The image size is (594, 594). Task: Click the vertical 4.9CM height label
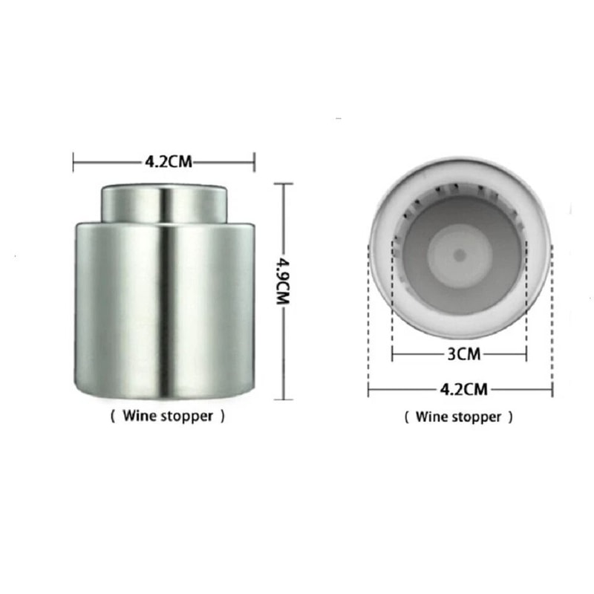coord(283,291)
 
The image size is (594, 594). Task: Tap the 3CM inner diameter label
coord(460,354)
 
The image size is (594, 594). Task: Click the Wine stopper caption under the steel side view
coord(167,417)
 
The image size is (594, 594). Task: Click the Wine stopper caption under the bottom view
coord(458,417)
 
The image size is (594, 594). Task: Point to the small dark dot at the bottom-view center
coord(460,255)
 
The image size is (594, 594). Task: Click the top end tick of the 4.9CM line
coord(284,184)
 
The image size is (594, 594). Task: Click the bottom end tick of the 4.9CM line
coord(284,399)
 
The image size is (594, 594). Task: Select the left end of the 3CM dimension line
coord(393,354)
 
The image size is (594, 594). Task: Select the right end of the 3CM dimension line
coord(526,354)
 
